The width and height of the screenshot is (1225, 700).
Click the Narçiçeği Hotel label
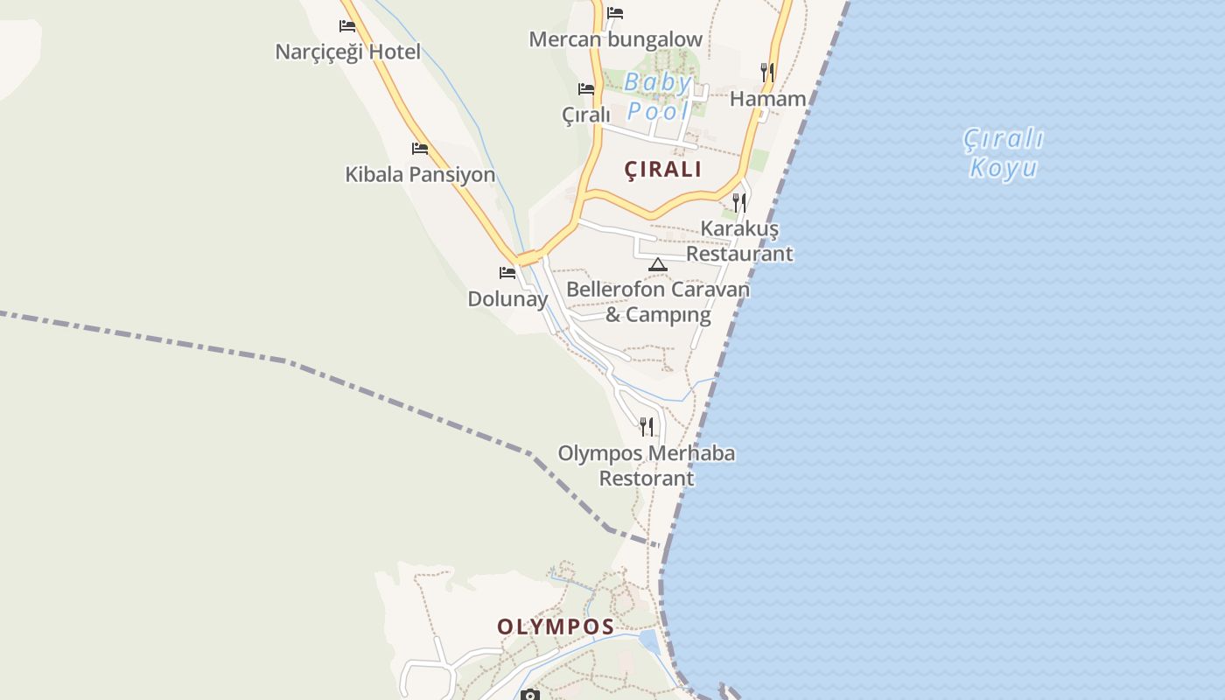(347, 52)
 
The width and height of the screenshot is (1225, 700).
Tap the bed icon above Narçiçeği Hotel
(347, 26)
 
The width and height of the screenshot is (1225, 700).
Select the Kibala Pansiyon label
(420, 175)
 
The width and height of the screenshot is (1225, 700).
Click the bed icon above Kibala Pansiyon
(420, 149)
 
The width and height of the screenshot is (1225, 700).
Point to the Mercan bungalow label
(616, 39)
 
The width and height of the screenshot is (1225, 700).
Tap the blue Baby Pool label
(659, 97)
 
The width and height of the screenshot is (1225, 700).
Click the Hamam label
(767, 99)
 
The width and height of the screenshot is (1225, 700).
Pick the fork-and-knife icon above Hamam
(767, 72)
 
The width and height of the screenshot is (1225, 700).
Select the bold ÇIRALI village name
(663, 170)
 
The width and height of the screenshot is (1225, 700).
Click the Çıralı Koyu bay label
(1004, 153)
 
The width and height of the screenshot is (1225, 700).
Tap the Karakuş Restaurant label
(739, 241)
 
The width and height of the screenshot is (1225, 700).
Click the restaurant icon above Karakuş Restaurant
(739, 203)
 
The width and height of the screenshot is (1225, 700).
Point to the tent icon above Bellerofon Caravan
(658, 264)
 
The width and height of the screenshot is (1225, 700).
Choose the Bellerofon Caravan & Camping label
(658, 302)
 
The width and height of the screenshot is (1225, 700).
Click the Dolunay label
(507, 299)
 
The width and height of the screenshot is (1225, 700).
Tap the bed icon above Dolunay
(507, 273)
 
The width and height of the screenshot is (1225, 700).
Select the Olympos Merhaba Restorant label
(647, 465)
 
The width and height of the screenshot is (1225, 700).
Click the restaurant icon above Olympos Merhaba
(647, 427)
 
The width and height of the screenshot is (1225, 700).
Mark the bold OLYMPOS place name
(556, 627)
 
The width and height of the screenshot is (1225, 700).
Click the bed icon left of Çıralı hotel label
(586, 89)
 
